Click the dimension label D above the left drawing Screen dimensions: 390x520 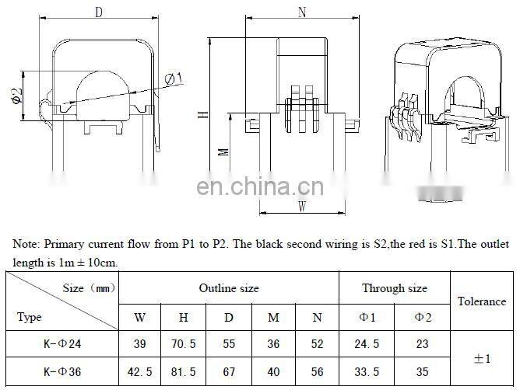(99, 12)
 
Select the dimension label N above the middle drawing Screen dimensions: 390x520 (300, 12)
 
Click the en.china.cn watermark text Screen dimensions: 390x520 (261, 188)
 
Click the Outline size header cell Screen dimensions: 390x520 (229, 288)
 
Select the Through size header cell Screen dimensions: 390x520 (394, 288)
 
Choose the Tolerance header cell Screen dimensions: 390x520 (481, 301)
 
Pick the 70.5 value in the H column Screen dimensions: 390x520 (184, 344)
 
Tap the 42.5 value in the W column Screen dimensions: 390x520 (140, 371)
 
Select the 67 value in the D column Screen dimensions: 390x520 (229, 371)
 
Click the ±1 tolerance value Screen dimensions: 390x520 (481, 358)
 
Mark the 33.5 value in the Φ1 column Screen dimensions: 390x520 (367, 371)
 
